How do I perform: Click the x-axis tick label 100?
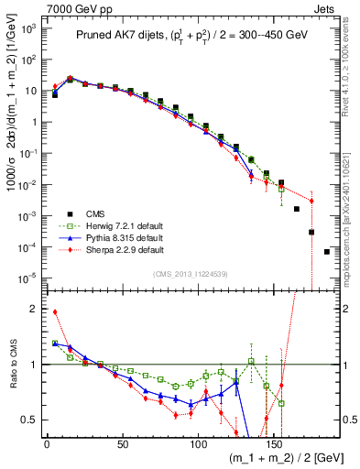(198, 444)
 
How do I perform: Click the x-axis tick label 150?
(273, 444)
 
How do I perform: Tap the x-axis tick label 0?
(47, 444)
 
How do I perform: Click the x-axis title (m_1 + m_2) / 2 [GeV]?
(281, 458)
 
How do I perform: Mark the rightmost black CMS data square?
(327, 252)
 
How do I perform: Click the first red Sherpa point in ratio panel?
(55, 311)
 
